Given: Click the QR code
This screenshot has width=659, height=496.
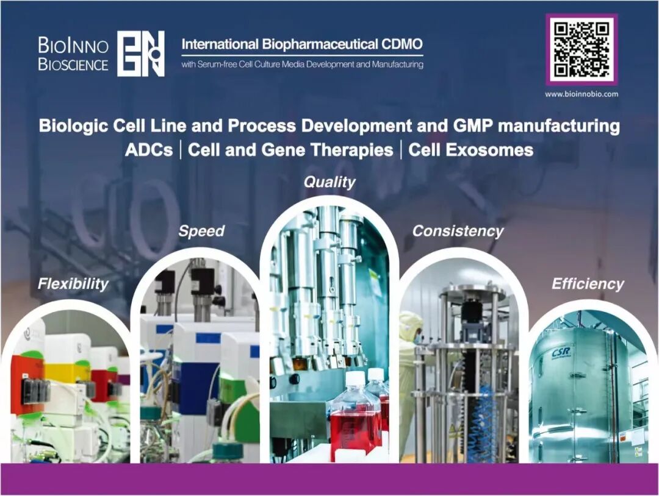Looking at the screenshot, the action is (582, 49).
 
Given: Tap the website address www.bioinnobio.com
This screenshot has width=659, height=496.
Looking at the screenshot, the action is (582, 94).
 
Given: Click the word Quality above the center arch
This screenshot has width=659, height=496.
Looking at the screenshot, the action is (329, 182).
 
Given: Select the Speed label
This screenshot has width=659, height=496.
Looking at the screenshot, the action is (201, 231).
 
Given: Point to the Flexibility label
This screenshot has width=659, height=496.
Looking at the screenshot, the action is (73, 284).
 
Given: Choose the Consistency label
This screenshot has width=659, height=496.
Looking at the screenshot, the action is (458, 231).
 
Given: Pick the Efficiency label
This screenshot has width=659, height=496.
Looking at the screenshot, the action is (588, 284).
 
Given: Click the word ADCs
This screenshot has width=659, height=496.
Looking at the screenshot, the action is (149, 150).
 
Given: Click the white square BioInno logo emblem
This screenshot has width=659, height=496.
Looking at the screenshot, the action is (140, 53).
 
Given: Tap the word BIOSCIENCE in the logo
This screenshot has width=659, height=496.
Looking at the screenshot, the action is (73, 65).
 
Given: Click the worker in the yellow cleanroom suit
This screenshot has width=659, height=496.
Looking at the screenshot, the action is (408, 378).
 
